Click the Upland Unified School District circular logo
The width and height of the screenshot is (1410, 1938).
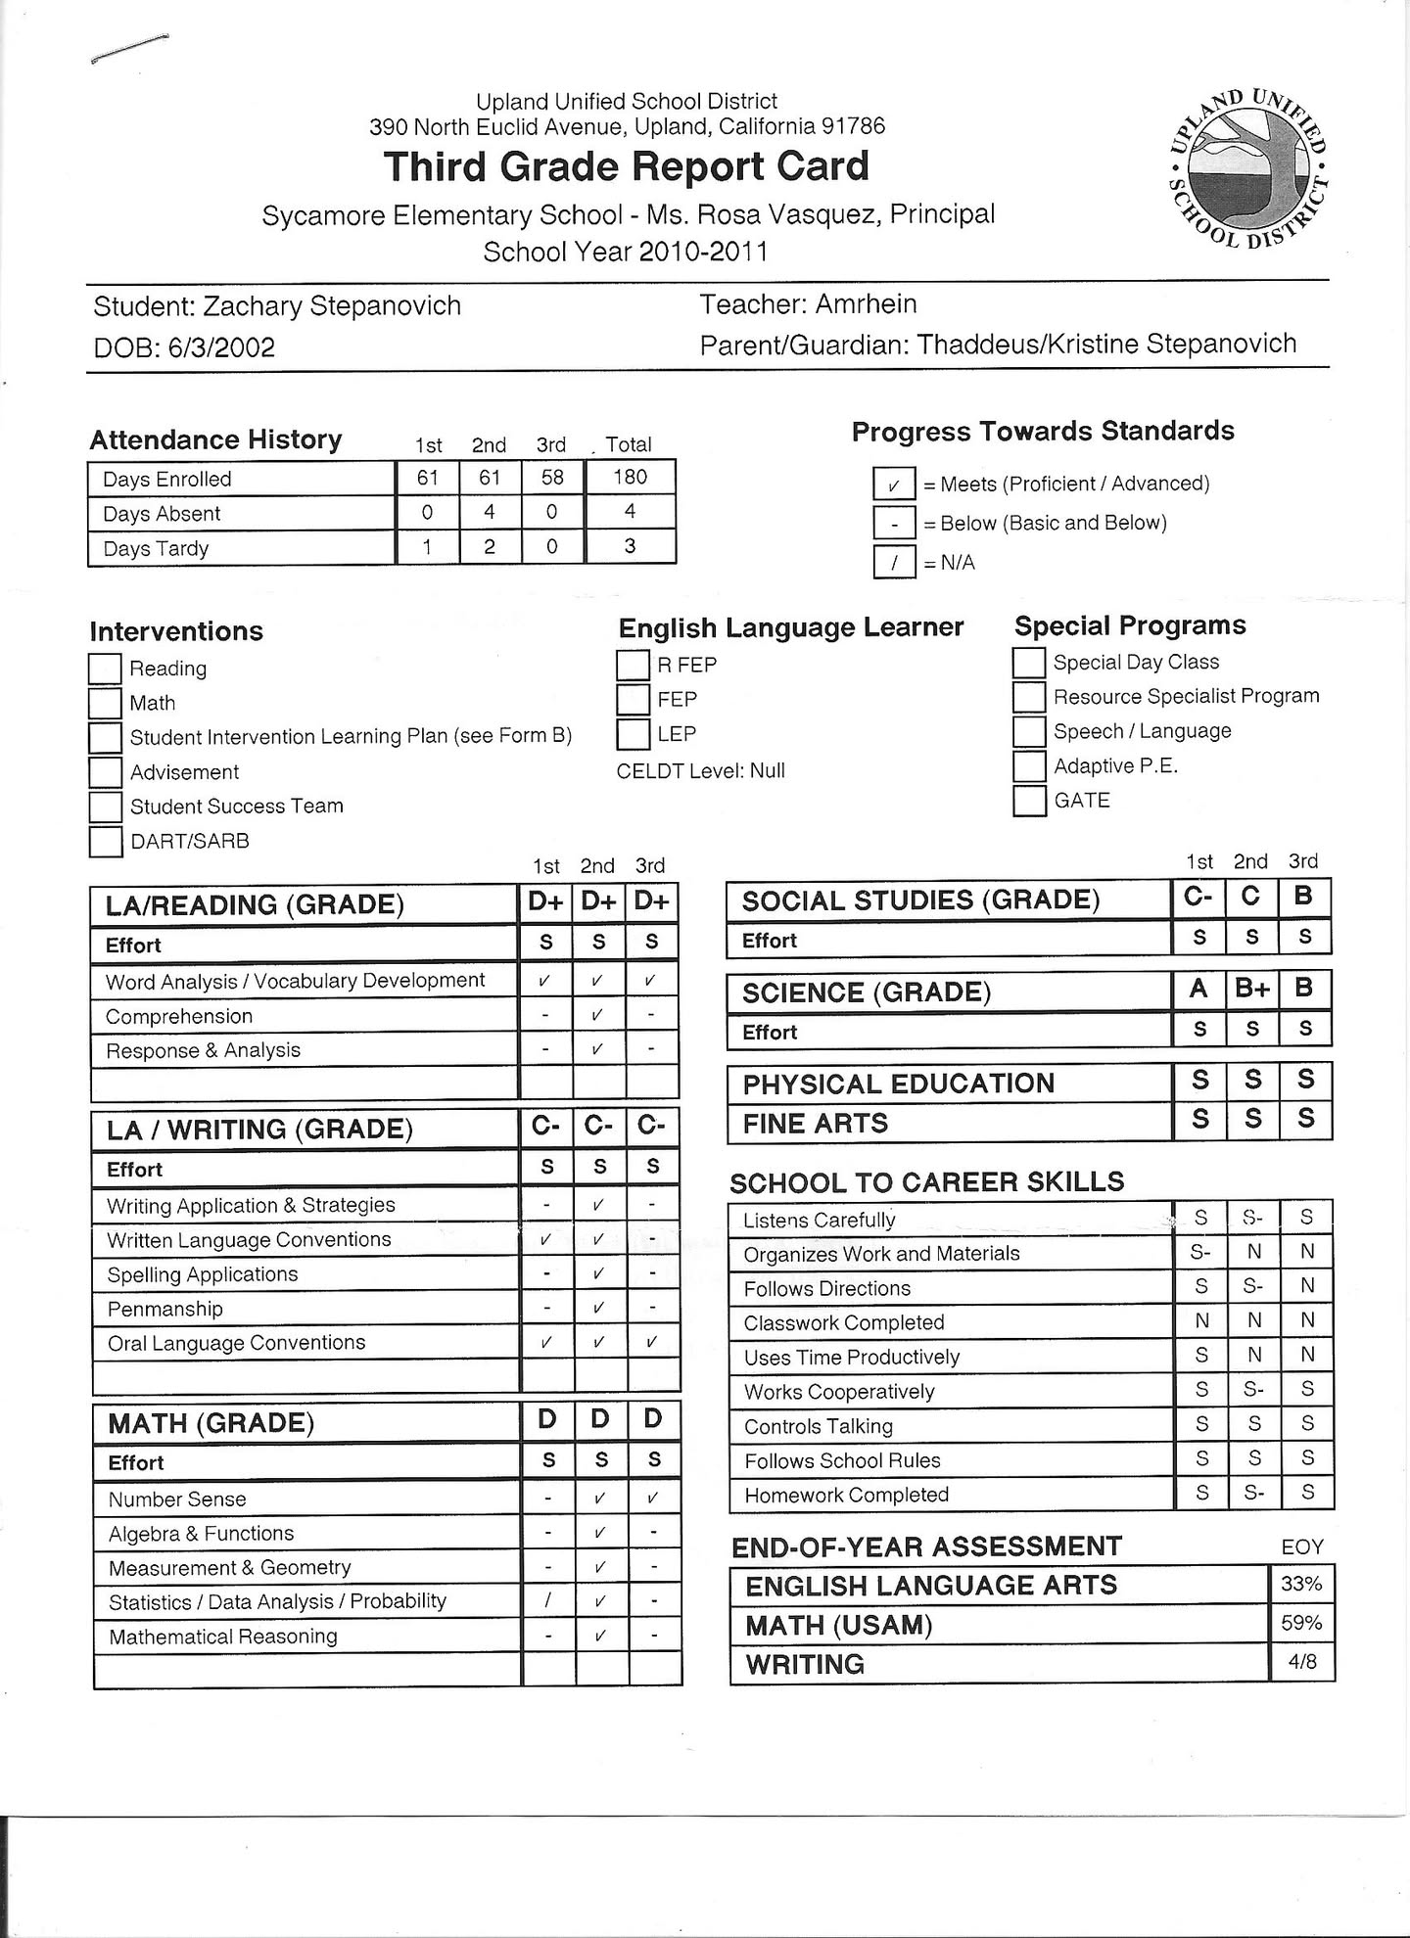coord(1248,166)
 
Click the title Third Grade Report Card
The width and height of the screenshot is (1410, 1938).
coord(627,166)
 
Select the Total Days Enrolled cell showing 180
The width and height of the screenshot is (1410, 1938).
coord(630,478)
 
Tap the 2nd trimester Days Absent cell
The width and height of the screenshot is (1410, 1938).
coord(489,512)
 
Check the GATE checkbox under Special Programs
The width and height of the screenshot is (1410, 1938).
coord(1029,801)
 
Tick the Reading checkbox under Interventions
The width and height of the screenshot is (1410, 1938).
coord(105,669)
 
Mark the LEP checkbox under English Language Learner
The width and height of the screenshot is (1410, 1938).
coord(634,734)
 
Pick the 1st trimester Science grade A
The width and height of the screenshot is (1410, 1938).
coord(1198,990)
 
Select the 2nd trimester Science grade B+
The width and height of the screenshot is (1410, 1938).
coord(1252,990)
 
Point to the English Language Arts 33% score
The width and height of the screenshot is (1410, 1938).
coord(1301,1583)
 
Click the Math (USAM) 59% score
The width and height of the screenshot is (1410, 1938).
coord(1301,1623)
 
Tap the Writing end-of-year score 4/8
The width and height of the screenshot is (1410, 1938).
coord(1301,1662)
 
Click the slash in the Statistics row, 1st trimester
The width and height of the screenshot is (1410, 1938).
coord(548,1601)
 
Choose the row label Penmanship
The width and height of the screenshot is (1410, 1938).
coord(165,1309)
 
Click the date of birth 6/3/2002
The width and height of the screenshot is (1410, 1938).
coord(222,347)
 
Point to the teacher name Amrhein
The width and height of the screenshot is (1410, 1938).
coord(866,304)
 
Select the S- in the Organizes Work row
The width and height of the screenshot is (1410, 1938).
coord(1200,1253)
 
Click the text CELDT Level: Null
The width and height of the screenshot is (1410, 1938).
coord(701,770)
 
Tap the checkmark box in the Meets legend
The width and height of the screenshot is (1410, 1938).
coord(894,484)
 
